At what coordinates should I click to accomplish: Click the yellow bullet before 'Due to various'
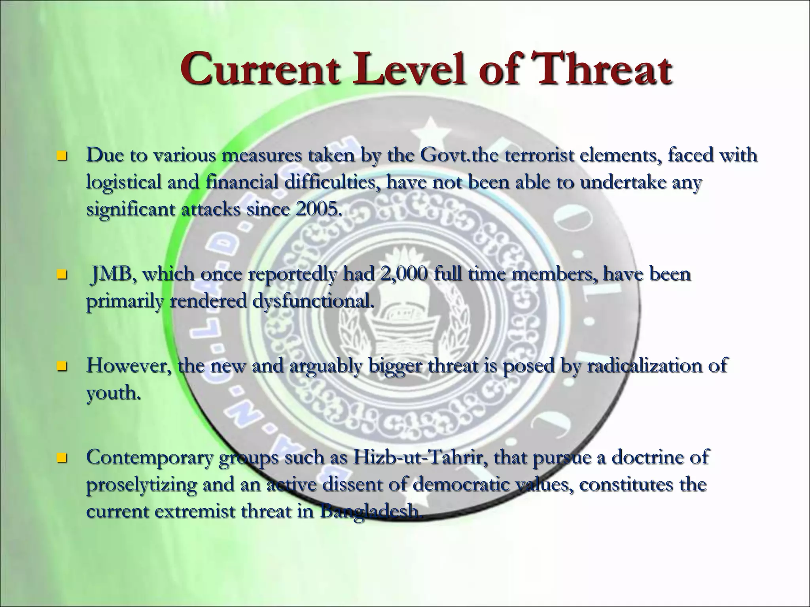click(x=61, y=155)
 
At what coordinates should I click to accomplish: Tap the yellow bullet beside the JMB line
click(x=61, y=274)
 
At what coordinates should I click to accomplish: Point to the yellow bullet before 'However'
click(x=61, y=366)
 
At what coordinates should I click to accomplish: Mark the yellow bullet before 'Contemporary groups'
click(x=61, y=458)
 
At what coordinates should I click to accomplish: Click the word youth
click(x=113, y=393)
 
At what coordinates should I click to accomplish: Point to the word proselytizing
click(x=141, y=485)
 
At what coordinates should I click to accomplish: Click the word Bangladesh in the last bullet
click(x=369, y=512)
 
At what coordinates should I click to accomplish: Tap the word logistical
click(x=124, y=182)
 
